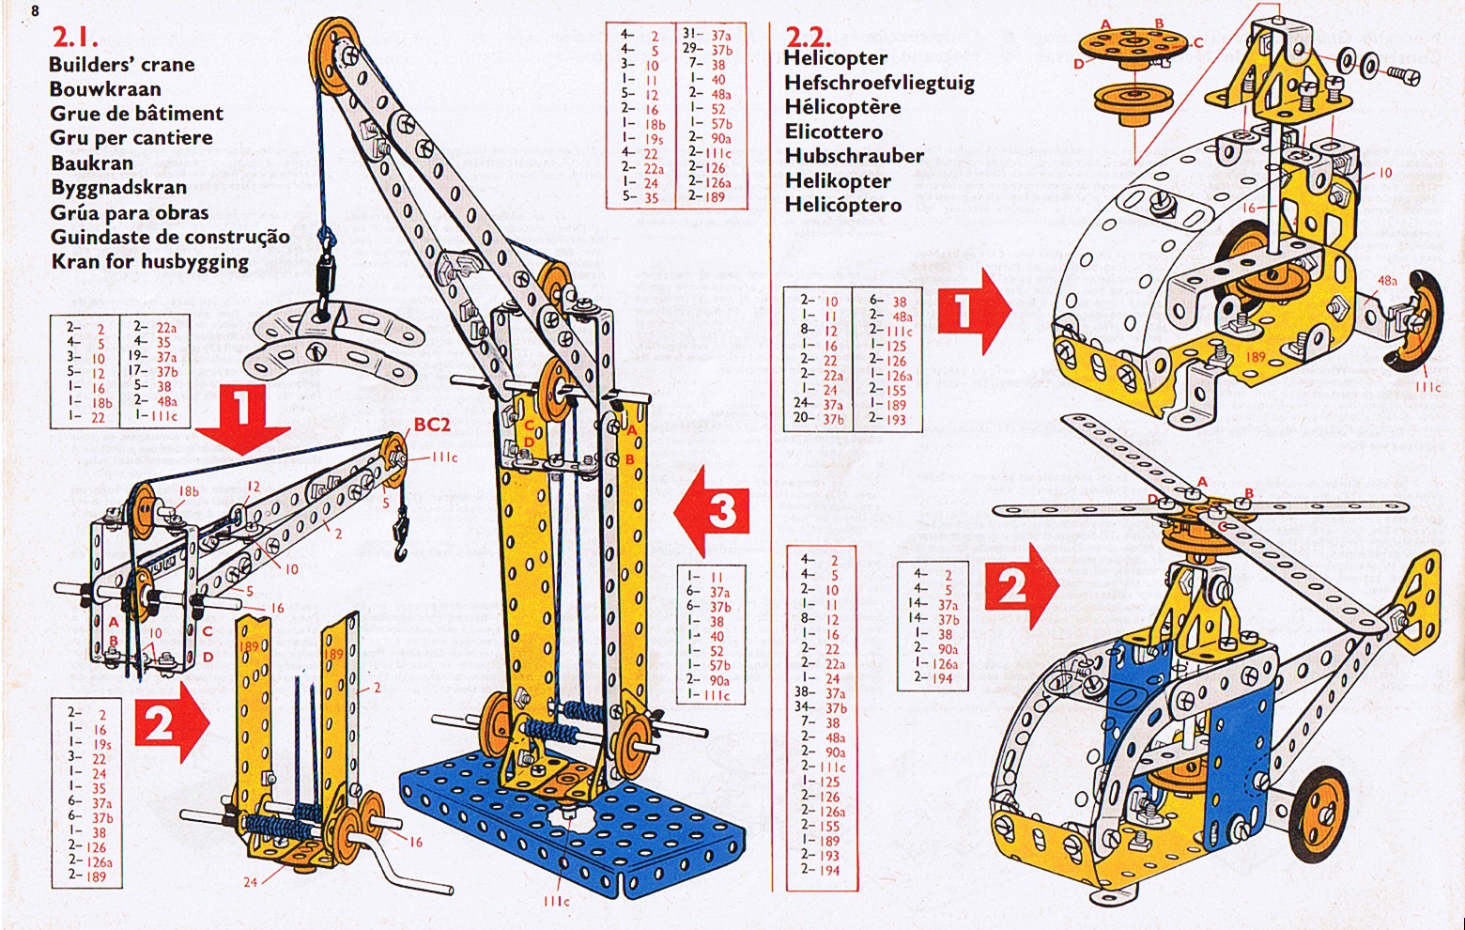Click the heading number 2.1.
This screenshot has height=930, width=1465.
[75, 38]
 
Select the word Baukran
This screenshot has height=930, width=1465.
[92, 163]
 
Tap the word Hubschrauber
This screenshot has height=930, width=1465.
[854, 156]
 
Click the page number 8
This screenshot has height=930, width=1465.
[36, 10]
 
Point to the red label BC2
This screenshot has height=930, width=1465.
[432, 425]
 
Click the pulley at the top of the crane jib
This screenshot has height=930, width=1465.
[332, 47]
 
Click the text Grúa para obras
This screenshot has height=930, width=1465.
[130, 212]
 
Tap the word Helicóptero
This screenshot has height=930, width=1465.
[843, 205]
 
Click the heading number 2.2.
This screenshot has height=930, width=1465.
[808, 38]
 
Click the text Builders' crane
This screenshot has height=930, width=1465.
[122, 65]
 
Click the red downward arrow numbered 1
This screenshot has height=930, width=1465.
[242, 416]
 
